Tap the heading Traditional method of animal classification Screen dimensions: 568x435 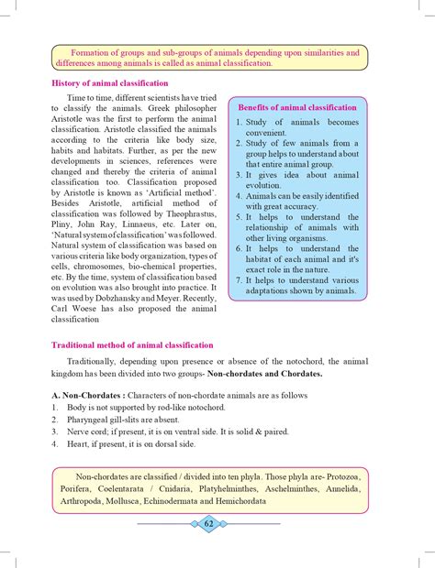pos(131,345)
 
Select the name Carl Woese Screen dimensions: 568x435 pos(71,311)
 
